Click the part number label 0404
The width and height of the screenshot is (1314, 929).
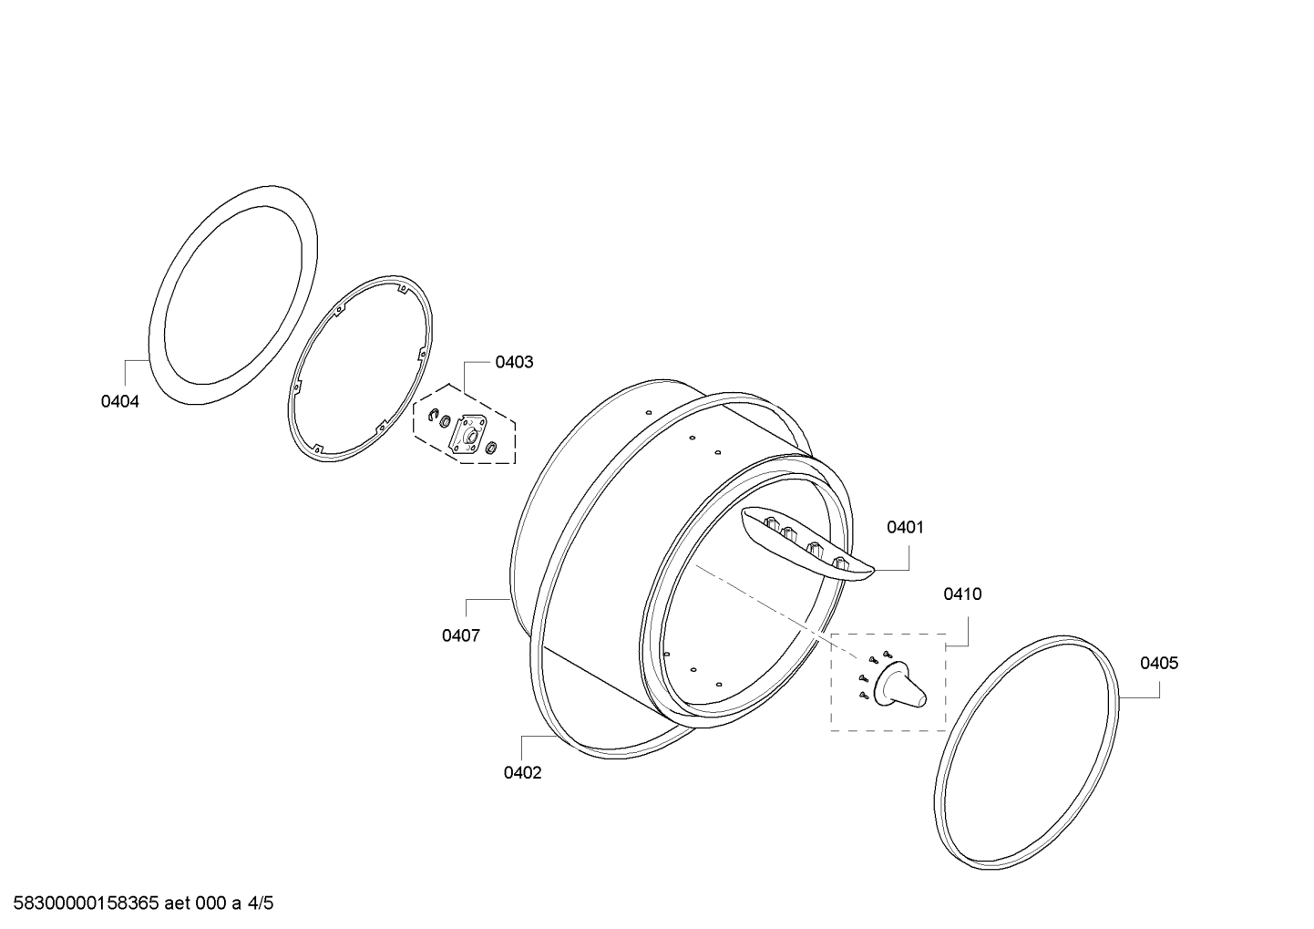click(119, 401)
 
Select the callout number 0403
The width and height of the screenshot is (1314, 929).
click(515, 362)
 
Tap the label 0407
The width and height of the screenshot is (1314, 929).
click(461, 635)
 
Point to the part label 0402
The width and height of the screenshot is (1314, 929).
click(523, 773)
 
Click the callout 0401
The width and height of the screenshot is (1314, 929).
click(905, 528)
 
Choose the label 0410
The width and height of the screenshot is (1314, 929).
click(962, 594)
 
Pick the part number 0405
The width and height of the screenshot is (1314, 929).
click(1159, 663)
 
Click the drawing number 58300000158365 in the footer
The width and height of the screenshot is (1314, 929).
click(87, 903)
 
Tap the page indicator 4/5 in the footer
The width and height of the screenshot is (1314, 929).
click(261, 903)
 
